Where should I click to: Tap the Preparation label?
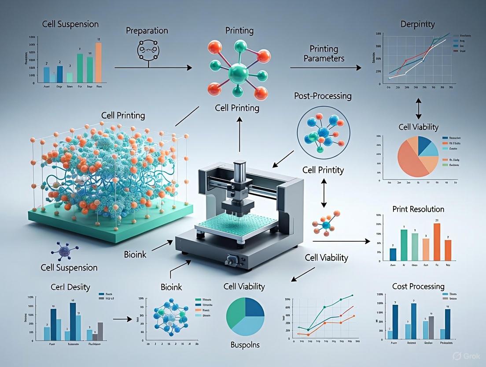(147, 31)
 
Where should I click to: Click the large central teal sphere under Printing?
(239, 71)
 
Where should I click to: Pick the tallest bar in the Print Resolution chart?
(437, 242)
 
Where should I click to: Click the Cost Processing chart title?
(418, 287)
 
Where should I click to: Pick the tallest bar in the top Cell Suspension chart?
(99, 62)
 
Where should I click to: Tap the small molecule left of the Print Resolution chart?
(327, 223)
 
